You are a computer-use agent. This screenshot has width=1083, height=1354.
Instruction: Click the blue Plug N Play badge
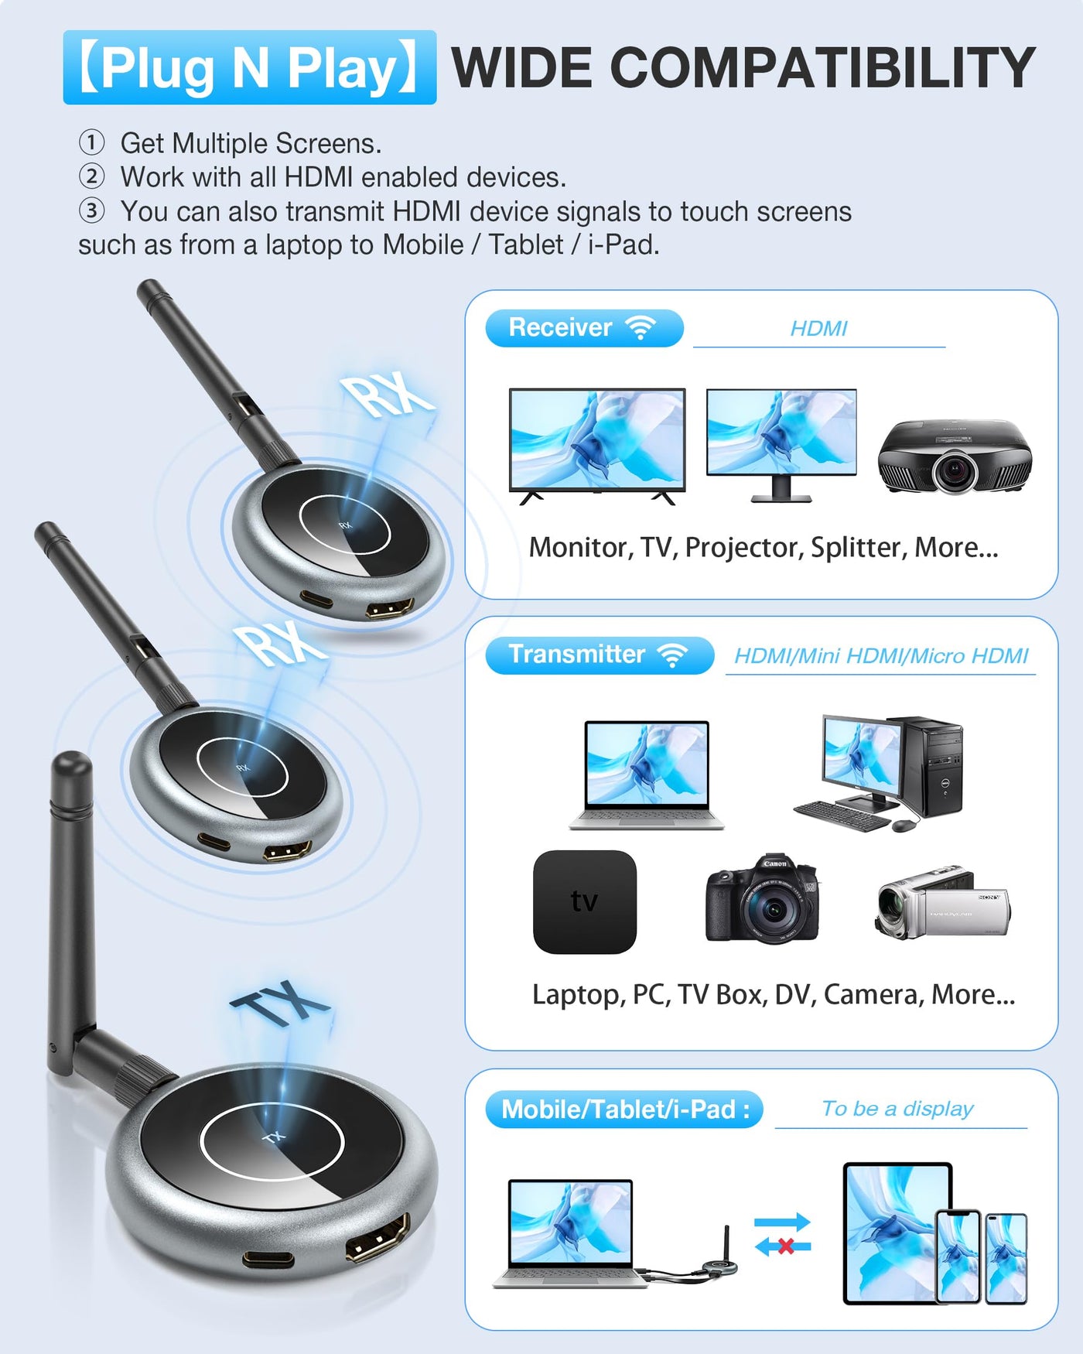(x=250, y=67)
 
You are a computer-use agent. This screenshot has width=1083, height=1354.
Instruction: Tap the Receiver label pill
(x=584, y=328)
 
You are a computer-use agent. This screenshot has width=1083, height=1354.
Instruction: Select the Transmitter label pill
(x=600, y=655)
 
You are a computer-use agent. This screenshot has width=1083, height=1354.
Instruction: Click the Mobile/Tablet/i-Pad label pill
(x=624, y=1110)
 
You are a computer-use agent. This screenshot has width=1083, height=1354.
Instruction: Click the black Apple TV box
(x=585, y=901)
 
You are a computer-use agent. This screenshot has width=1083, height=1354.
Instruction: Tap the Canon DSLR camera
(x=762, y=899)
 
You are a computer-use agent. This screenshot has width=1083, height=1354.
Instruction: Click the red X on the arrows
(x=786, y=1246)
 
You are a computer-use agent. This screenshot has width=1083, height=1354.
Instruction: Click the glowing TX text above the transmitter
(x=280, y=1004)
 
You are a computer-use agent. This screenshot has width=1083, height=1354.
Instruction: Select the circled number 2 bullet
(x=92, y=176)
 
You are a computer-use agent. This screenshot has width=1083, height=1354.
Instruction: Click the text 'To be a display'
(x=897, y=1109)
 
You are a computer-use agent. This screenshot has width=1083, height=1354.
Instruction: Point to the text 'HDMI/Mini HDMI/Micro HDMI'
(x=881, y=656)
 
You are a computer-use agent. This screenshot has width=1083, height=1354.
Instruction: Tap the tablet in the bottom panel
(x=897, y=1233)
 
